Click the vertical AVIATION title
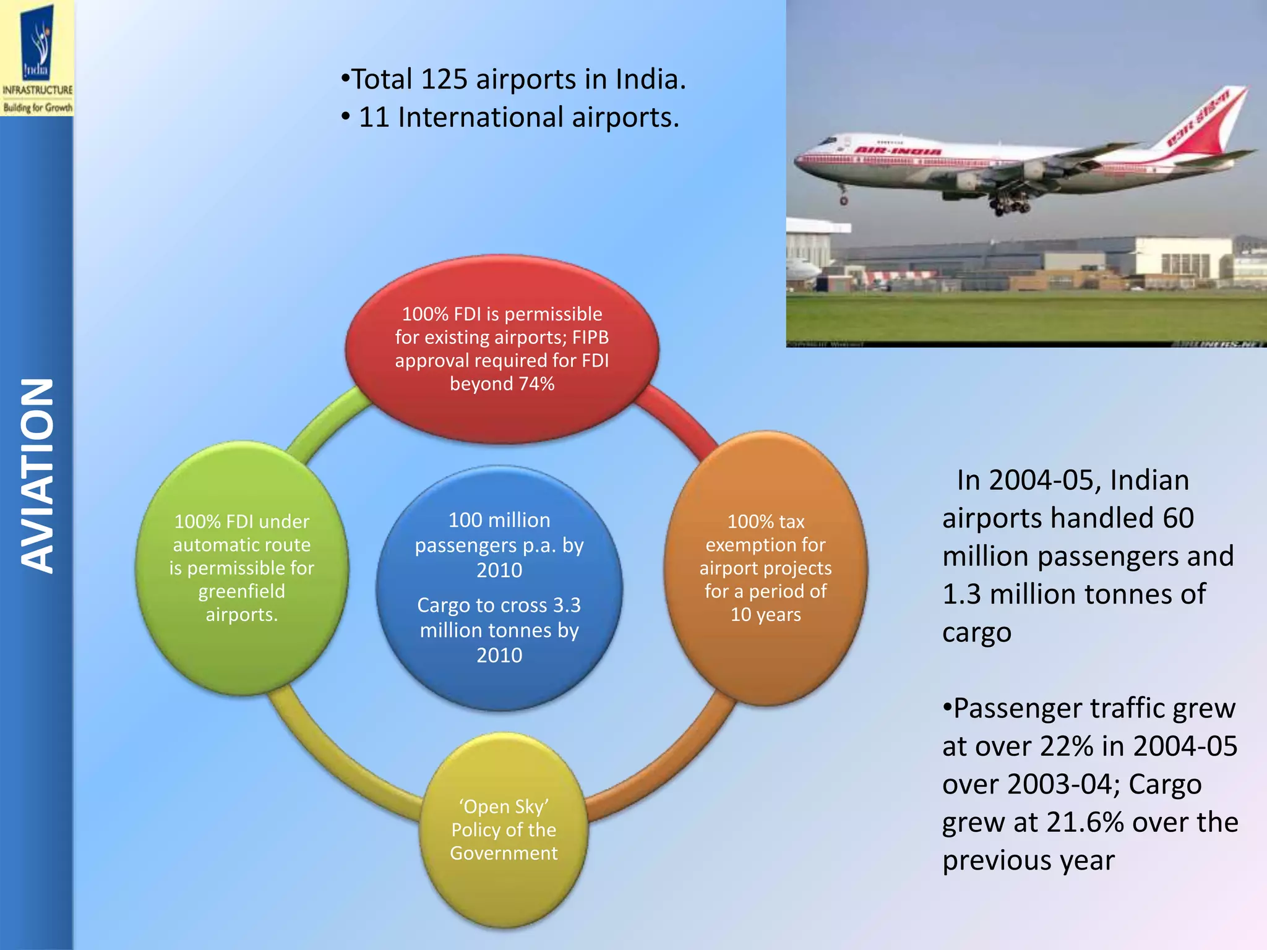click(37, 476)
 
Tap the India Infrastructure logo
click(37, 58)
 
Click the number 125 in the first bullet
click(444, 80)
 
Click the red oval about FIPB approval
click(502, 349)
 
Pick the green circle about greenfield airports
click(241, 568)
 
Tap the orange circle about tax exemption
click(765, 568)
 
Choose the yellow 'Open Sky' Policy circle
click(504, 829)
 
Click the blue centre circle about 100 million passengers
click(499, 588)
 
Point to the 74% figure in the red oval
click(536, 384)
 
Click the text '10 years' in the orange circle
click(765, 615)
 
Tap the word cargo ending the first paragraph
click(977, 633)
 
